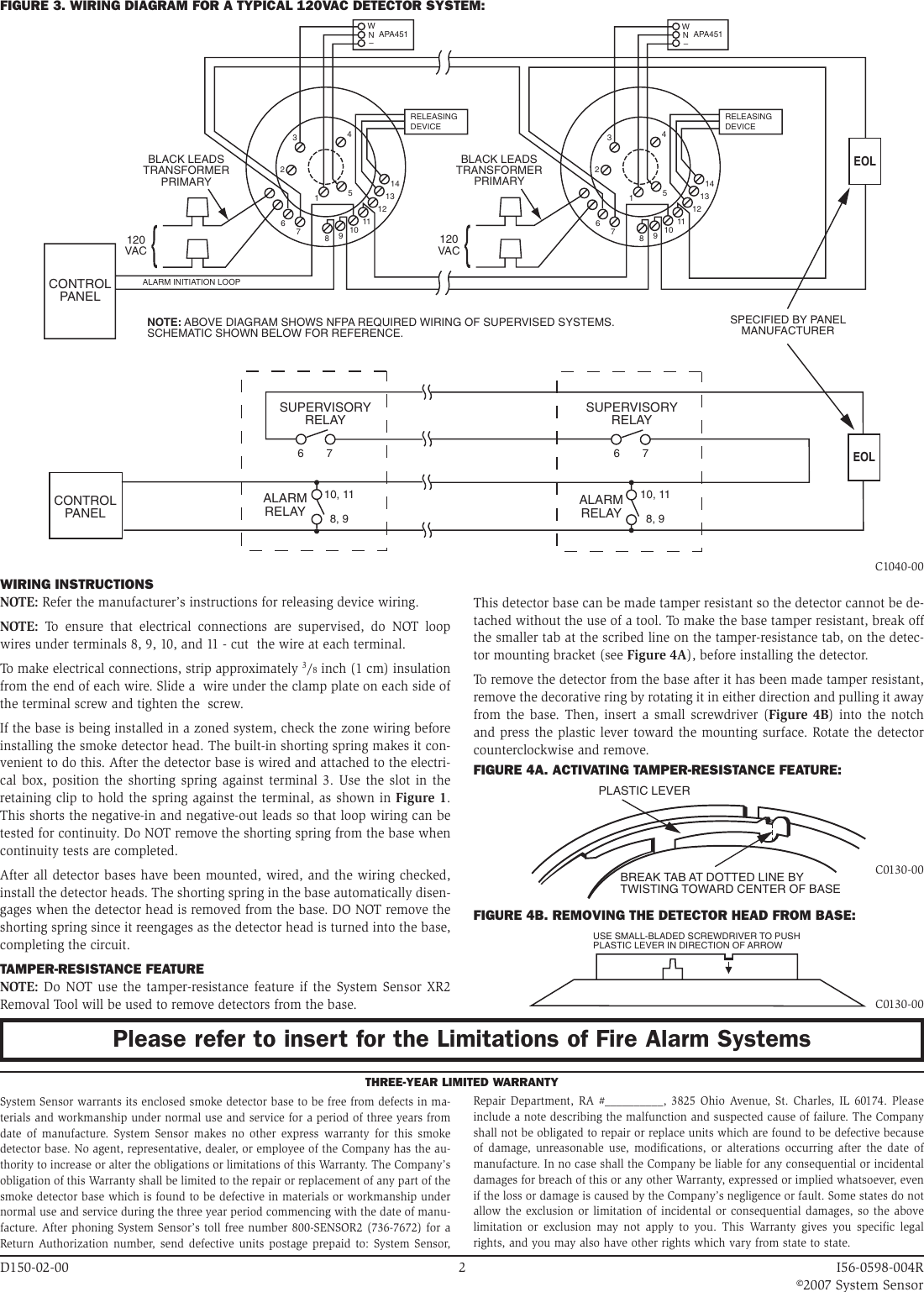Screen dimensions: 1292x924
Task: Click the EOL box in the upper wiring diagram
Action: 864,160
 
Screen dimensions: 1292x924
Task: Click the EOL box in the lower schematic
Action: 864,457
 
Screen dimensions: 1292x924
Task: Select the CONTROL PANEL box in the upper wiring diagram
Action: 80,291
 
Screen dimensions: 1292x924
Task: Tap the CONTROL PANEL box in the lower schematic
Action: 85,507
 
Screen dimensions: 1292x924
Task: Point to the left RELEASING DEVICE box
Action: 436,121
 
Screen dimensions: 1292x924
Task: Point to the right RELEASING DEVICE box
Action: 751,121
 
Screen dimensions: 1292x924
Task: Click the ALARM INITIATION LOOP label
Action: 192,282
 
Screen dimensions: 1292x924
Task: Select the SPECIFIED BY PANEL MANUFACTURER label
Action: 787,325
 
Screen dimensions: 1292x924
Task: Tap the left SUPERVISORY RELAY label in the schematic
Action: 324,413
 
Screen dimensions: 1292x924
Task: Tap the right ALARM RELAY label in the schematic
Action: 601,506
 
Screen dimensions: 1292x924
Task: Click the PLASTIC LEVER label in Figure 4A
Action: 643,790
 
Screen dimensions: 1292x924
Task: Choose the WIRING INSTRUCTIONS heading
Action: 76,584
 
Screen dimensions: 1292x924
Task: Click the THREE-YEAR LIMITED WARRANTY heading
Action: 461,1081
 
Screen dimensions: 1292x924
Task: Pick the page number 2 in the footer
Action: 462,1265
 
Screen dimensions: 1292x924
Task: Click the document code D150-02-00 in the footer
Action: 34,1265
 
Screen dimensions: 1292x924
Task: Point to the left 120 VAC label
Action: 135,245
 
